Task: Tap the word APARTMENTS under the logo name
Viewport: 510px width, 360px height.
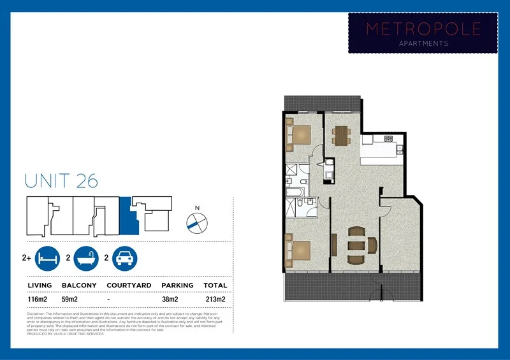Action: click(x=422, y=43)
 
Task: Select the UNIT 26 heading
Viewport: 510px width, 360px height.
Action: click(x=61, y=180)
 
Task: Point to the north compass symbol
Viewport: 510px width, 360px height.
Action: click(x=197, y=221)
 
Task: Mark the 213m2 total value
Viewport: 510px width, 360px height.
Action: click(x=215, y=298)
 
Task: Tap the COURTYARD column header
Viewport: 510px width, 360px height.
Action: click(x=129, y=285)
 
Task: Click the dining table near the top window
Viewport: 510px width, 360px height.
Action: click(x=342, y=134)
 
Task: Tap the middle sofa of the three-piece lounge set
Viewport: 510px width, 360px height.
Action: click(x=356, y=245)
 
